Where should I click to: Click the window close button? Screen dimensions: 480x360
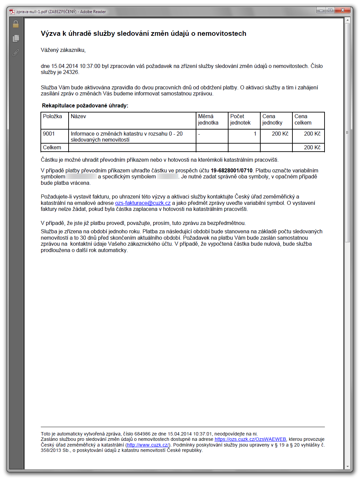point(343,10)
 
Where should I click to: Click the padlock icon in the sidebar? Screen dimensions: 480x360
point(15,24)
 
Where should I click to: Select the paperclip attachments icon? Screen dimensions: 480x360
point(15,53)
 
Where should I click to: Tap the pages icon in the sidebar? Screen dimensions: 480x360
point(16,38)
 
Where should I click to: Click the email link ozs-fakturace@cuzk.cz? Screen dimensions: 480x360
point(143,203)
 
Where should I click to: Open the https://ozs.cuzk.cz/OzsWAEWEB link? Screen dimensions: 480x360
point(250,439)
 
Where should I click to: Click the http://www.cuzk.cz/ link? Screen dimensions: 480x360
point(148,445)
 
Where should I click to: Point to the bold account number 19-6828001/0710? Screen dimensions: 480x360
point(232,170)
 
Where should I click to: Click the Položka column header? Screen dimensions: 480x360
point(53,116)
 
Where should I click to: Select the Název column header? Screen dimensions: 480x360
point(78,116)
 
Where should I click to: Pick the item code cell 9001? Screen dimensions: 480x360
point(49,134)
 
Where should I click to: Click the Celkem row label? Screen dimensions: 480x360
point(52,148)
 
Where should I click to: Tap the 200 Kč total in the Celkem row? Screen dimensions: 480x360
point(312,148)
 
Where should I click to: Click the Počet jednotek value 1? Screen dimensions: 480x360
point(255,134)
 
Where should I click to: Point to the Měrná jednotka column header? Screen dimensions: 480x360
point(208,119)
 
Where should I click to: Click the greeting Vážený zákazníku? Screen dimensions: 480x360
point(63,50)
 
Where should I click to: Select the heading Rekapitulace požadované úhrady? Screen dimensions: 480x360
point(85,106)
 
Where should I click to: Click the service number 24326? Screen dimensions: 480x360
point(70,72)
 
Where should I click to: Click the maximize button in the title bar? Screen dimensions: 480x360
point(330,10)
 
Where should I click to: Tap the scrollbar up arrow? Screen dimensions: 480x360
point(348,20)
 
